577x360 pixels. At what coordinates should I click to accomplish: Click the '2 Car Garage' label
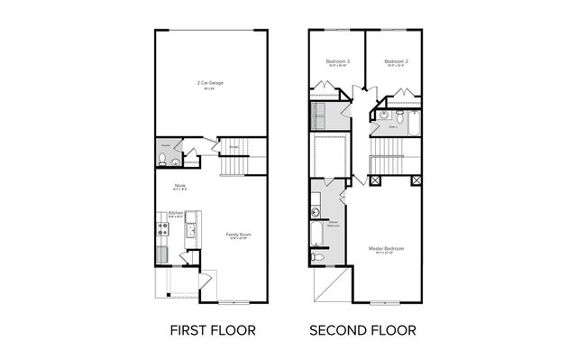[x=211, y=82]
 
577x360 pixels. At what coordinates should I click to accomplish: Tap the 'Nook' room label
[x=180, y=185]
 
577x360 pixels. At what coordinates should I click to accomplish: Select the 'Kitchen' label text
[x=176, y=213]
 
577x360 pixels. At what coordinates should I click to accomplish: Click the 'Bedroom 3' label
[x=338, y=61]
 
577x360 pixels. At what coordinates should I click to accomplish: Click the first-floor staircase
[x=236, y=164]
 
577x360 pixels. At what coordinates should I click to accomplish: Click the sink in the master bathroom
[x=316, y=213]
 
